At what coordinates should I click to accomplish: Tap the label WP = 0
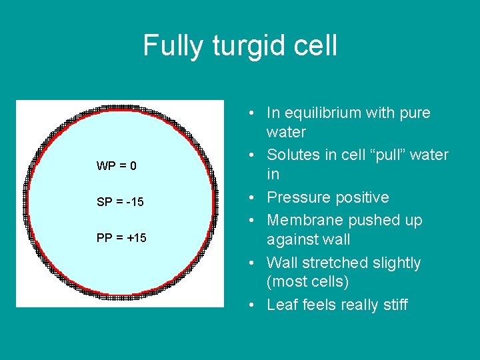click(117, 166)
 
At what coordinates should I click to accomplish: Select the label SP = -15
click(120, 202)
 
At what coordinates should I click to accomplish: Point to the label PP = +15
click(121, 238)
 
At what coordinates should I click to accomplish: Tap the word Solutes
click(293, 155)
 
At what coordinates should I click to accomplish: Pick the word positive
click(362, 197)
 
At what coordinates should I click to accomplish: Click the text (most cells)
click(307, 282)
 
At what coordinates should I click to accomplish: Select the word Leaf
click(281, 305)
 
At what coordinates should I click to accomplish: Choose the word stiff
click(393, 305)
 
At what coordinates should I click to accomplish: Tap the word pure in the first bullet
click(415, 113)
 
